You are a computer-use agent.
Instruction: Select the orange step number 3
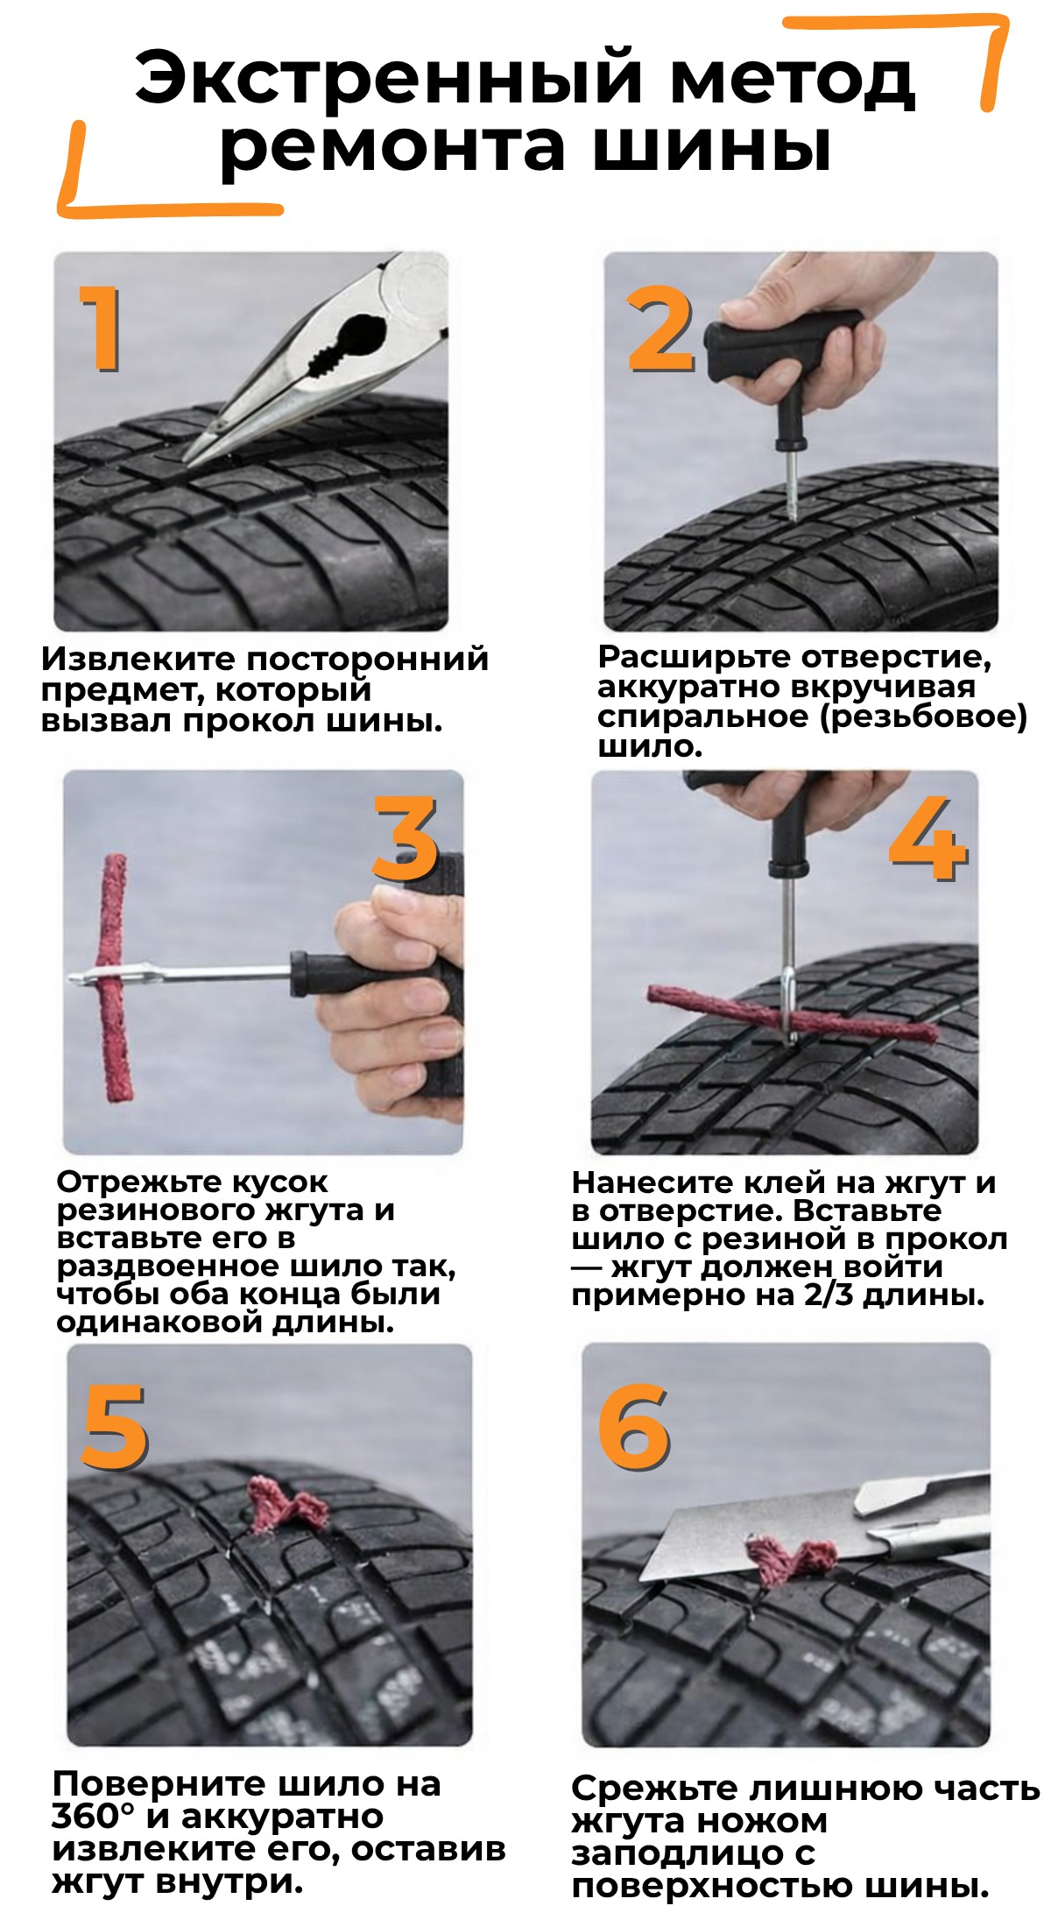[x=405, y=839]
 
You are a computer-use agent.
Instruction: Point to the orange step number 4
[x=928, y=839]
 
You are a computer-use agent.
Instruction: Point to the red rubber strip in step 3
[x=112, y=978]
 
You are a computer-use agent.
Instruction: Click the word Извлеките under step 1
[x=139, y=660]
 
